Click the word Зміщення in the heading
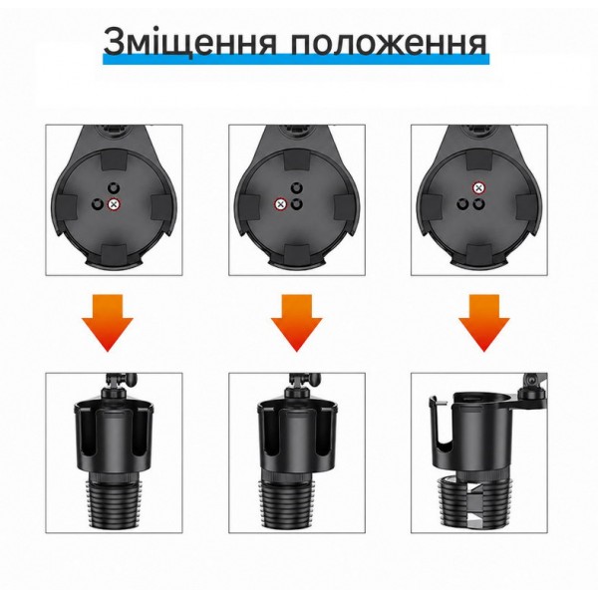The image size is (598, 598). click(x=189, y=41)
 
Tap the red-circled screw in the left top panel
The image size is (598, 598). click(x=114, y=204)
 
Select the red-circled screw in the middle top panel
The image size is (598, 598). click(x=281, y=204)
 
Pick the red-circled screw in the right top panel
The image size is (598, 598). click(x=478, y=188)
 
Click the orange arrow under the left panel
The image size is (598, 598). click(x=108, y=323)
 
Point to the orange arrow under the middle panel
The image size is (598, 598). click(x=297, y=323)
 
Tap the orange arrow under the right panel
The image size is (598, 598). click(x=484, y=323)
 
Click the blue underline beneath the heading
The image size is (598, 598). click(x=296, y=60)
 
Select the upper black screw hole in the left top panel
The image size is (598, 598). click(x=113, y=187)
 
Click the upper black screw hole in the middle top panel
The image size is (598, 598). click(x=296, y=187)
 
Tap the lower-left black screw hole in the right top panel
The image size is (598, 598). click(x=463, y=204)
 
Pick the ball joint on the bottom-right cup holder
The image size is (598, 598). click(x=531, y=384)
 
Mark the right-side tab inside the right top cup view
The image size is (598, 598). click(x=525, y=208)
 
